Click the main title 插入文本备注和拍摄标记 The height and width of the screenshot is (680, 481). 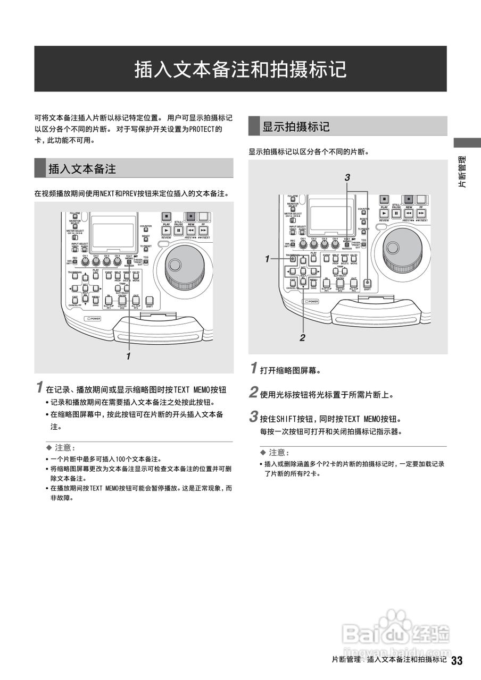point(240,69)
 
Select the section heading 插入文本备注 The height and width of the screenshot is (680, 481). point(82,169)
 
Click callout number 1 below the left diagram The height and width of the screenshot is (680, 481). point(128,356)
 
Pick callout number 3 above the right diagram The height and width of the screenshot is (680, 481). point(347,177)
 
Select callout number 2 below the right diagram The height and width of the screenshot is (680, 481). point(302,337)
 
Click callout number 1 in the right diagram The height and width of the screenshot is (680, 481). point(268,259)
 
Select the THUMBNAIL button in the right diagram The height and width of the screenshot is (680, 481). point(292,259)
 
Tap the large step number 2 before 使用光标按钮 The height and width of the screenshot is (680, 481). point(254,394)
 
